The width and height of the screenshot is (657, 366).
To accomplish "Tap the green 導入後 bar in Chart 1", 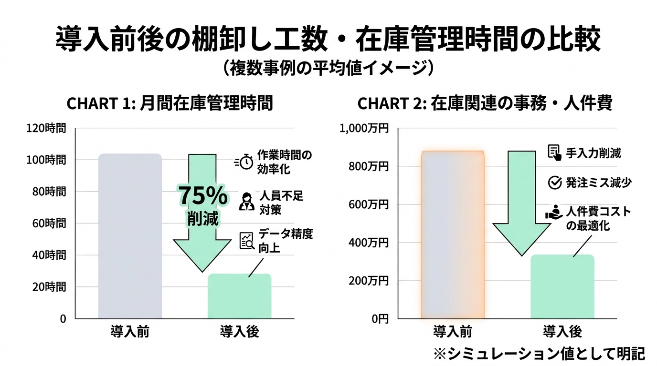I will click(x=239, y=296).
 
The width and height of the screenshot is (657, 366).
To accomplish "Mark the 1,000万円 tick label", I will click(x=364, y=128).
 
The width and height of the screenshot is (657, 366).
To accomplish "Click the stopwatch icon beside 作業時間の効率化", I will click(x=244, y=162).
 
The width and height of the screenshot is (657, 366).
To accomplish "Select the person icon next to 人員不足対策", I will click(x=246, y=202).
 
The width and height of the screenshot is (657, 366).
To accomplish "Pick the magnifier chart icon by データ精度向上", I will click(x=246, y=241).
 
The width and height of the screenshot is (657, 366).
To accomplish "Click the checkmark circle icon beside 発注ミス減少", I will click(x=554, y=183).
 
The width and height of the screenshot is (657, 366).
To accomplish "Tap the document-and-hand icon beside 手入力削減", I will click(x=554, y=153).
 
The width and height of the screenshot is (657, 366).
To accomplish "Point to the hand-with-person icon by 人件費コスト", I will click(x=554, y=213).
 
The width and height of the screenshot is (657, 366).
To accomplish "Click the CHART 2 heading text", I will click(x=485, y=103).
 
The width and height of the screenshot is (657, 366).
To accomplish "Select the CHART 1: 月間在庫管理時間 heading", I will click(x=170, y=103).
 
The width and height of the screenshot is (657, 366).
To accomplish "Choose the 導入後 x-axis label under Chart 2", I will click(x=562, y=331).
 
